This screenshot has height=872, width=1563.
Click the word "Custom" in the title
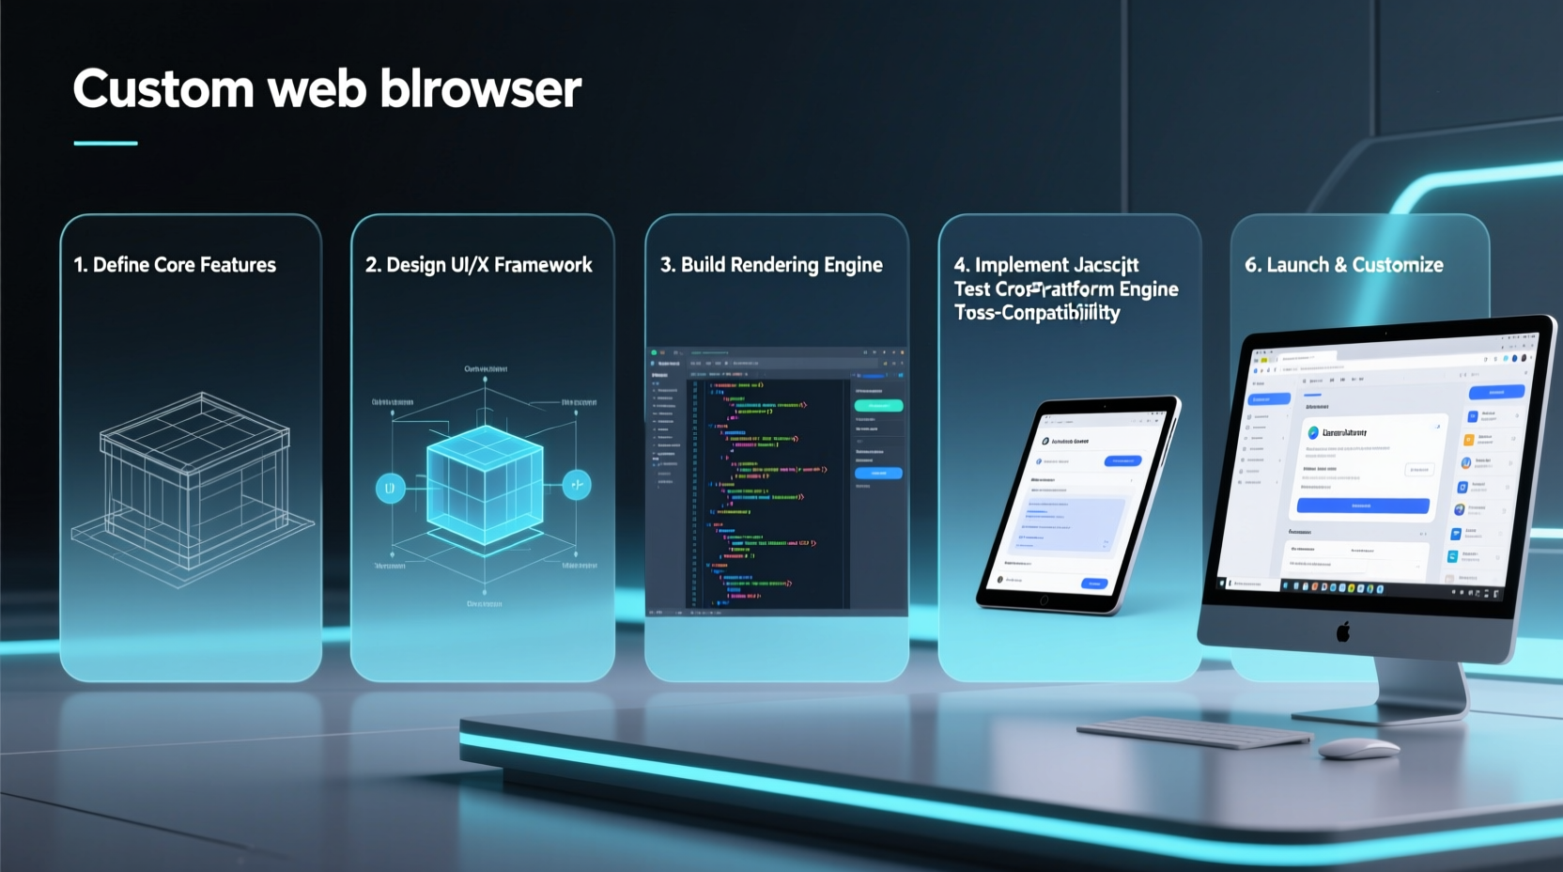163,90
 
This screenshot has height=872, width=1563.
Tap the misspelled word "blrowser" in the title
481,90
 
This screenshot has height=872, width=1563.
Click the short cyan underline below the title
105,144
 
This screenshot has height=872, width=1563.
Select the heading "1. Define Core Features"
175,265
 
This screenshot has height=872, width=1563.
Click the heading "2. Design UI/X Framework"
479,265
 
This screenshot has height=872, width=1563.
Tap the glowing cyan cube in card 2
485,485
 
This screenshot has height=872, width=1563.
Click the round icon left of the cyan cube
391,488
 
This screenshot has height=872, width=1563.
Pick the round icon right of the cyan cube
577,485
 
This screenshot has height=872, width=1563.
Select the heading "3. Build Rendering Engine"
771,265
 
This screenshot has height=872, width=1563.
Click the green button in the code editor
878,406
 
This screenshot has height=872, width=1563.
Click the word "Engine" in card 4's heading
1148,289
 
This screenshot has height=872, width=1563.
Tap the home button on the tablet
1044,599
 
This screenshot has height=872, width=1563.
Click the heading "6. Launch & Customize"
1344,265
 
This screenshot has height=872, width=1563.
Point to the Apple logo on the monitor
1343,631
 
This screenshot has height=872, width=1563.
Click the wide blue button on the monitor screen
1362,506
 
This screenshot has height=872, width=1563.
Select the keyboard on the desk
1193,732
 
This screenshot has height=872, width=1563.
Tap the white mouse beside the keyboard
1358,748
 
